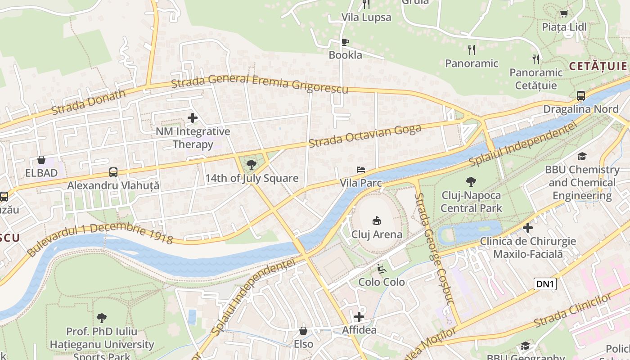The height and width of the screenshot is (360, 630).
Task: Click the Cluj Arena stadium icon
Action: coord(376,220)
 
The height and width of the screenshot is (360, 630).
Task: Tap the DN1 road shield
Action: coord(545,284)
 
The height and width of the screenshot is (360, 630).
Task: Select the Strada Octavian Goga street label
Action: coord(365,135)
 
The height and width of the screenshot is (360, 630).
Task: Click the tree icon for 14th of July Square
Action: coord(252,164)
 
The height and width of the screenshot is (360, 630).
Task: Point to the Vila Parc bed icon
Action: coord(361,170)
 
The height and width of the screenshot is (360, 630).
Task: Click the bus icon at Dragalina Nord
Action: coord(581,95)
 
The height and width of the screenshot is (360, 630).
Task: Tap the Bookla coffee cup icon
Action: coord(345,42)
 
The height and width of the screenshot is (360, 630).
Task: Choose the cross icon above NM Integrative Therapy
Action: coord(193,118)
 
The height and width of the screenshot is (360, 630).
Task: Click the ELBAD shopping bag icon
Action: coord(41,160)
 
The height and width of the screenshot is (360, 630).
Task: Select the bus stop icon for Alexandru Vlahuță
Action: coord(113,172)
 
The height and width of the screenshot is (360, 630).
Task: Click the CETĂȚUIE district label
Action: coord(598,66)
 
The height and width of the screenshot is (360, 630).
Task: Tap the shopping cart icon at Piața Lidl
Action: coord(564,13)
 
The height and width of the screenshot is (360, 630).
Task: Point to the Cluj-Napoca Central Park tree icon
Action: coord(471,182)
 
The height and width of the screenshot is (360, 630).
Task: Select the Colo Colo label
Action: coord(382,282)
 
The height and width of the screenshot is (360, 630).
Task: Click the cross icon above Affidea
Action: coord(359,316)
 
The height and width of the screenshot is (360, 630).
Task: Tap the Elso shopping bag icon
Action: coord(303,331)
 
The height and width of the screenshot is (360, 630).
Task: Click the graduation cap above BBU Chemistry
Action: coord(582,156)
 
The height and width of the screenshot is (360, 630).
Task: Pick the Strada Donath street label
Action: coord(89,103)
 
